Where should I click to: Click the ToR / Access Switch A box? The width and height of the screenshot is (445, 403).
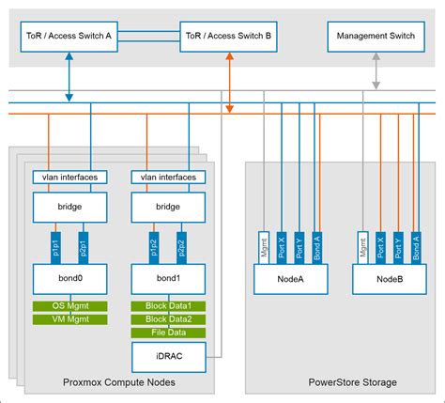click(69, 38)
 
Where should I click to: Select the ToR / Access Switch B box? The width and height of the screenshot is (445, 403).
click(229, 38)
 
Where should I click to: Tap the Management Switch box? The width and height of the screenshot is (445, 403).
click(376, 38)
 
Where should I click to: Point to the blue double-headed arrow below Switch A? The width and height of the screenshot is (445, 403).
click(69, 77)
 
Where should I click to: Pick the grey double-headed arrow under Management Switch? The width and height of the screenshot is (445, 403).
click(376, 70)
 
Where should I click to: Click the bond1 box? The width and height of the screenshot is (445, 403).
click(167, 279)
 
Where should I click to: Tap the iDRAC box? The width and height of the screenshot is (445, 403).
click(167, 355)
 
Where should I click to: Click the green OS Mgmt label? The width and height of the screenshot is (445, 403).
click(69, 306)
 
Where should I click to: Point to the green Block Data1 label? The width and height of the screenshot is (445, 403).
click(167, 306)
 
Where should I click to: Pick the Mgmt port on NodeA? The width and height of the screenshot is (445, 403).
click(264, 246)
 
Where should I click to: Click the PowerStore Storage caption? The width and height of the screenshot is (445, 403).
click(338, 382)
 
